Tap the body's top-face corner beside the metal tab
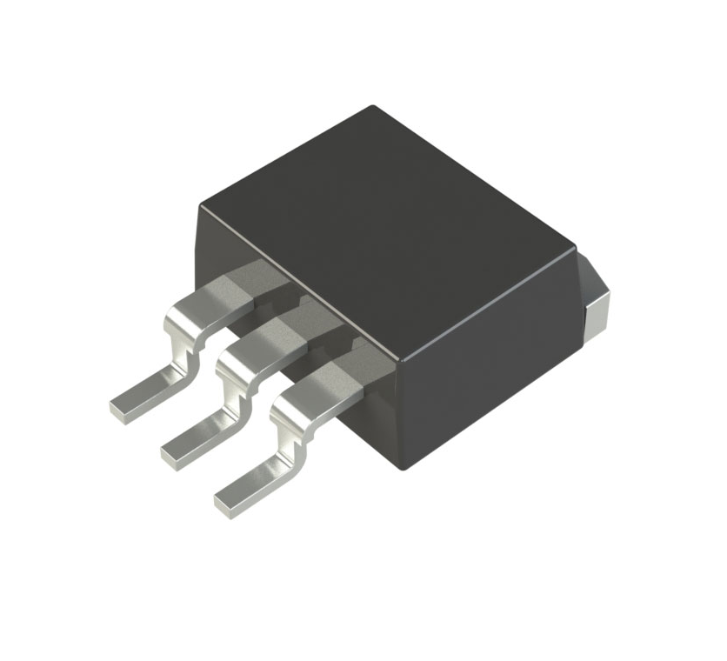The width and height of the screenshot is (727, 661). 574,250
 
